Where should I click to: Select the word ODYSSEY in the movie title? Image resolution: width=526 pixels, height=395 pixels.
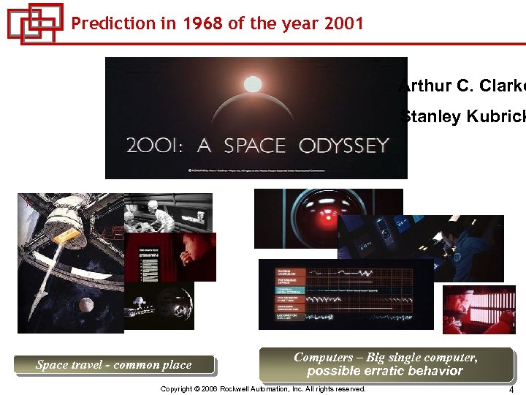[x=343, y=146]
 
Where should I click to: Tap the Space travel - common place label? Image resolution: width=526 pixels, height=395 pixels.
[x=114, y=364]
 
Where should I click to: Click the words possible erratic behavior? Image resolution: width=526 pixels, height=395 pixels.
[x=385, y=371]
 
